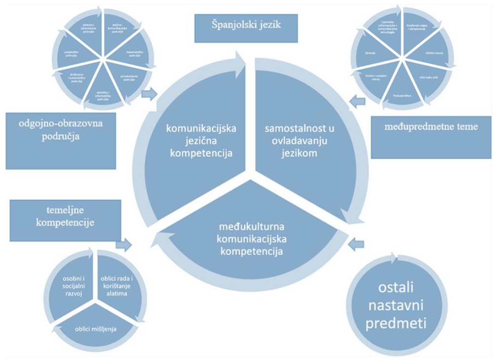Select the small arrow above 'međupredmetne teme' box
(358, 102)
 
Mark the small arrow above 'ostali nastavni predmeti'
(359, 243)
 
